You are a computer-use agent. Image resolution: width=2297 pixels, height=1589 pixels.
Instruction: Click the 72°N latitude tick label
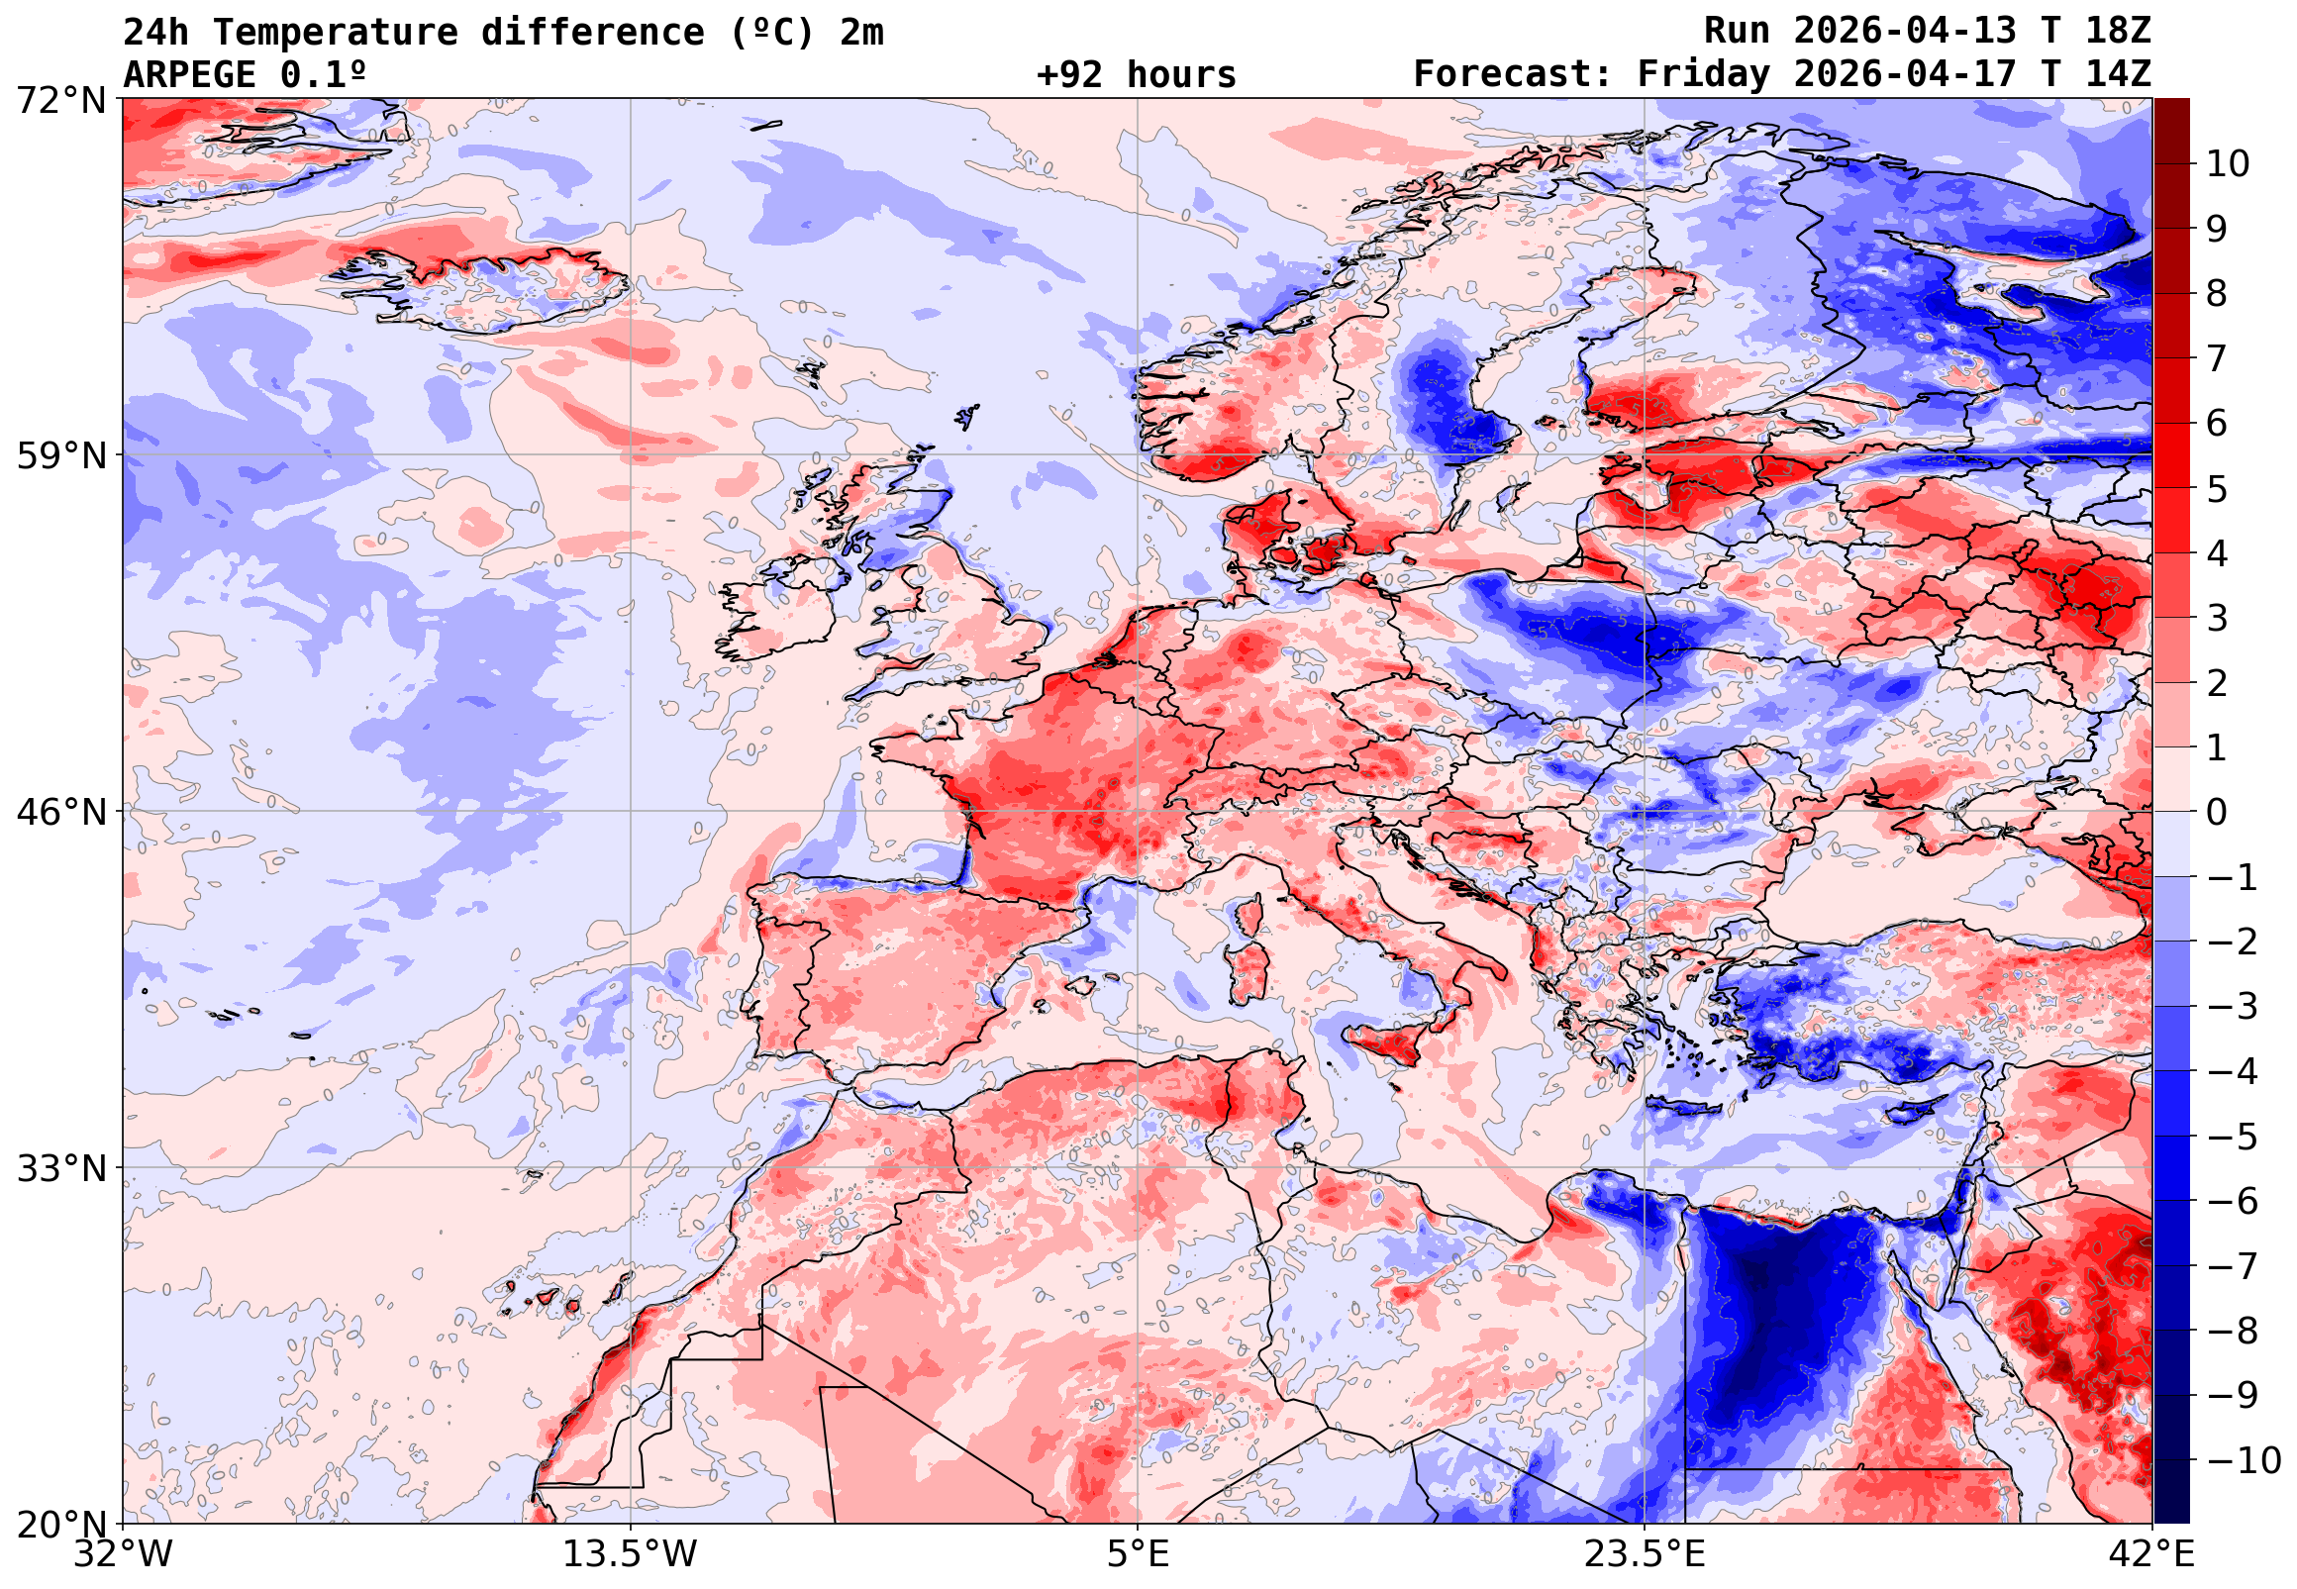(x=60, y=101)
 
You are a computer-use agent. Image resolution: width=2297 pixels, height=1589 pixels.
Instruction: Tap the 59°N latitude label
(x=60, y=457)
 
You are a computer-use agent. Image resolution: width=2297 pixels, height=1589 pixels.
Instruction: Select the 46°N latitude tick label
(x=60, y=813)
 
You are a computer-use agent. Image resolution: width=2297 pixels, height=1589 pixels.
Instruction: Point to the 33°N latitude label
(x=60, y=1169)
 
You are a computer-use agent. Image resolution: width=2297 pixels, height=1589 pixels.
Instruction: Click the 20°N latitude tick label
(x=60, y=1526)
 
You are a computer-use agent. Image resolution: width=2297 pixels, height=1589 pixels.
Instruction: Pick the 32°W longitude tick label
(x=123, y=1554)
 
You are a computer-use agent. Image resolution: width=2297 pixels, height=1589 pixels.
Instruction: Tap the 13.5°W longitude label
(x=631, y=1554)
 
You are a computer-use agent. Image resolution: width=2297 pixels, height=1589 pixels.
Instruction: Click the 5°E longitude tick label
(x=1138, y=1554)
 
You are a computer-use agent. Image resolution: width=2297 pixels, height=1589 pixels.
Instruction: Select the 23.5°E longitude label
(x=1645, y=1554)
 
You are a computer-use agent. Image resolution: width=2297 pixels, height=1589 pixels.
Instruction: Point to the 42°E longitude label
(x=2152, y=1554)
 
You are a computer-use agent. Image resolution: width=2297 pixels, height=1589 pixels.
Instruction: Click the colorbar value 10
(x=2229, y=164)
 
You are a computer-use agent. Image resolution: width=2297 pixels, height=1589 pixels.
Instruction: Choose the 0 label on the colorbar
(x=2218, y=813)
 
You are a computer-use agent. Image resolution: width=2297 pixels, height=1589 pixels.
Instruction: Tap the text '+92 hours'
(x=1136, y=74)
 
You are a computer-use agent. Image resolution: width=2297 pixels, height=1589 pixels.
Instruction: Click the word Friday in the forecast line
(x=1704, y=74)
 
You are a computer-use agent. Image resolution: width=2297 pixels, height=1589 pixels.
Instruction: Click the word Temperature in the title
(x=335, y=32)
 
